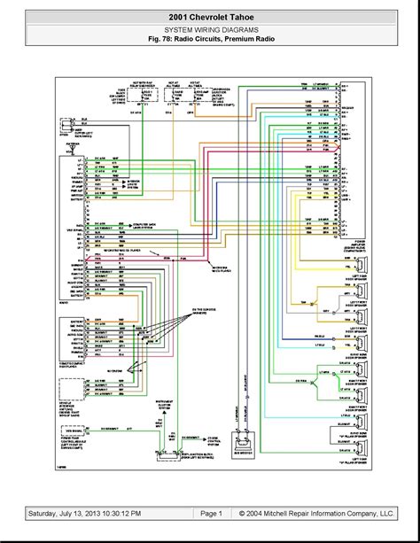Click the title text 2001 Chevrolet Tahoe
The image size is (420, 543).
(209, 16)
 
